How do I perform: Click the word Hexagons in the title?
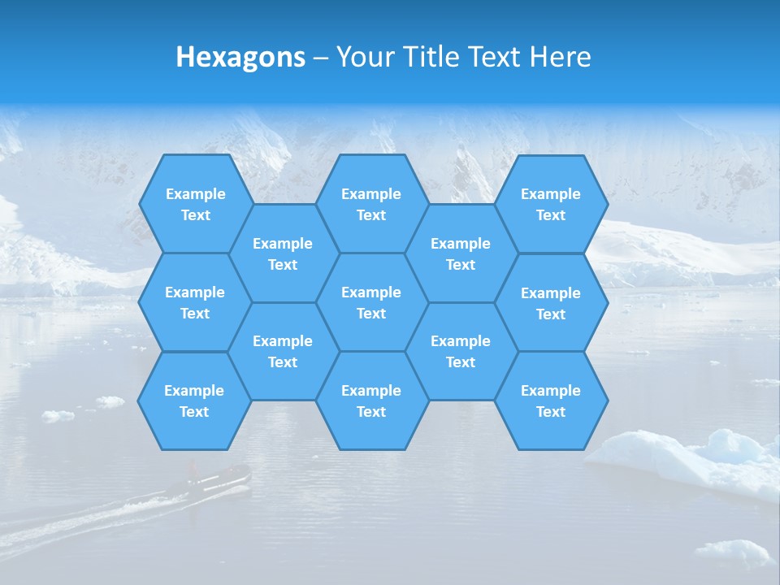pos(240,57)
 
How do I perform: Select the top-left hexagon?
pos(195,204)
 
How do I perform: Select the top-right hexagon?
pos(551,204)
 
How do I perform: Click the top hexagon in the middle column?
pos(371,204)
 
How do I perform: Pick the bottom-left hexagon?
pos(194,401)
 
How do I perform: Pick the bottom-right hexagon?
pos(551,401)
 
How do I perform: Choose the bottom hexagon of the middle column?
pos(371,401)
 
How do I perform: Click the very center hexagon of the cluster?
pos(371,302)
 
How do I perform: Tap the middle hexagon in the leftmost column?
pos(195,302)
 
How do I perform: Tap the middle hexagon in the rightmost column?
pos(551,303)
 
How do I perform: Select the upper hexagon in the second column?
pos(283,253)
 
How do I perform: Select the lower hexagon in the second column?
pos(283,351)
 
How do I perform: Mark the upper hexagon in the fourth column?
pos(461,253)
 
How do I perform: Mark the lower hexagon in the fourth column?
pos(461,351)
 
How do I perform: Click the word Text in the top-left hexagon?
pos(195,215)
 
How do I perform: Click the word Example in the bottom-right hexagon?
pos(551,391)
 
